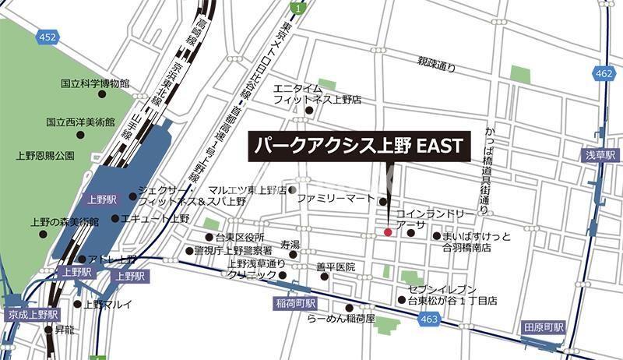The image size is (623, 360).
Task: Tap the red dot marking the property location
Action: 389,231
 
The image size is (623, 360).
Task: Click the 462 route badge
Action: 603,74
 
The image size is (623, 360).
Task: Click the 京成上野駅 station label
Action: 32,314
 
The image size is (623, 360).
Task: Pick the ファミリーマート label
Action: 336,199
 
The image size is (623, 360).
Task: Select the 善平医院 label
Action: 336,267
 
